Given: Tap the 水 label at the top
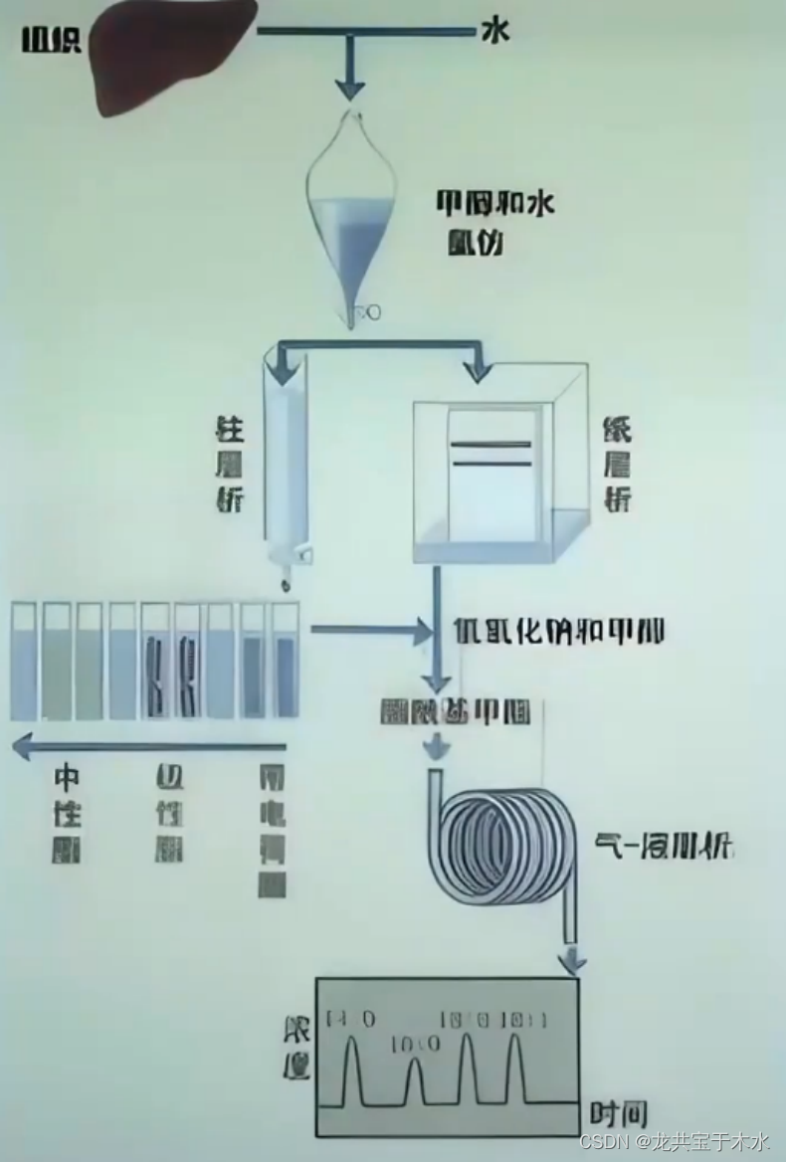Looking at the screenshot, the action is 494,32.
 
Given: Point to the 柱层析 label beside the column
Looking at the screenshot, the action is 230,464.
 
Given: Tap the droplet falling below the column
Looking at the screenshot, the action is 287,581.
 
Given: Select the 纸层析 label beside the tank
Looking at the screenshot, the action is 617,464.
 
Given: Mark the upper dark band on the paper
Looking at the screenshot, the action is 491,444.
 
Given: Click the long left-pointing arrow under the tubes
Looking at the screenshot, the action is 149,745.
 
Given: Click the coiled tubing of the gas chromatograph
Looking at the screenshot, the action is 507,846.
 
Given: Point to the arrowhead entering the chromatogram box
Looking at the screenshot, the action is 573,963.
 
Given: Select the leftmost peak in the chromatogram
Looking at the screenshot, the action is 350,1068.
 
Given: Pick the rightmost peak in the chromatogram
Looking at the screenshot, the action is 514,1068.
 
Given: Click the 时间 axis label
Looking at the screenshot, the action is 619,1113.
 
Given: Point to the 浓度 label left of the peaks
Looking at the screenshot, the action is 296,1049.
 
